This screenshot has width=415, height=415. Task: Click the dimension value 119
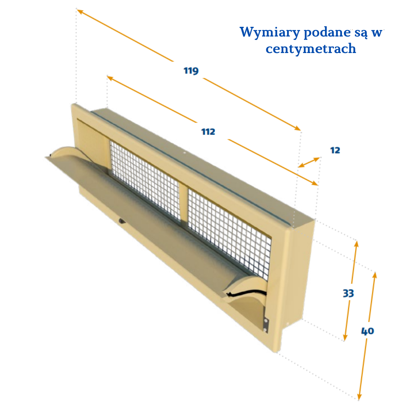(x=191, y=71)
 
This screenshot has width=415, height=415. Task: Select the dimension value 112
(x=208, y=131)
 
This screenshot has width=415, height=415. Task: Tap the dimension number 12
(x=335, y=150)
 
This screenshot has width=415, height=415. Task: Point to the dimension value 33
(x=348, y=293)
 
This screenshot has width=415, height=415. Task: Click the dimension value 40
(x=368, y=331)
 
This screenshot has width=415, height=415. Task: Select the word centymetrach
(x=311, y=49)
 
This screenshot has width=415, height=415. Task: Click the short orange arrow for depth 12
(x=309, y=162)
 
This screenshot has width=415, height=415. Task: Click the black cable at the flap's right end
(x=247, y=292)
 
